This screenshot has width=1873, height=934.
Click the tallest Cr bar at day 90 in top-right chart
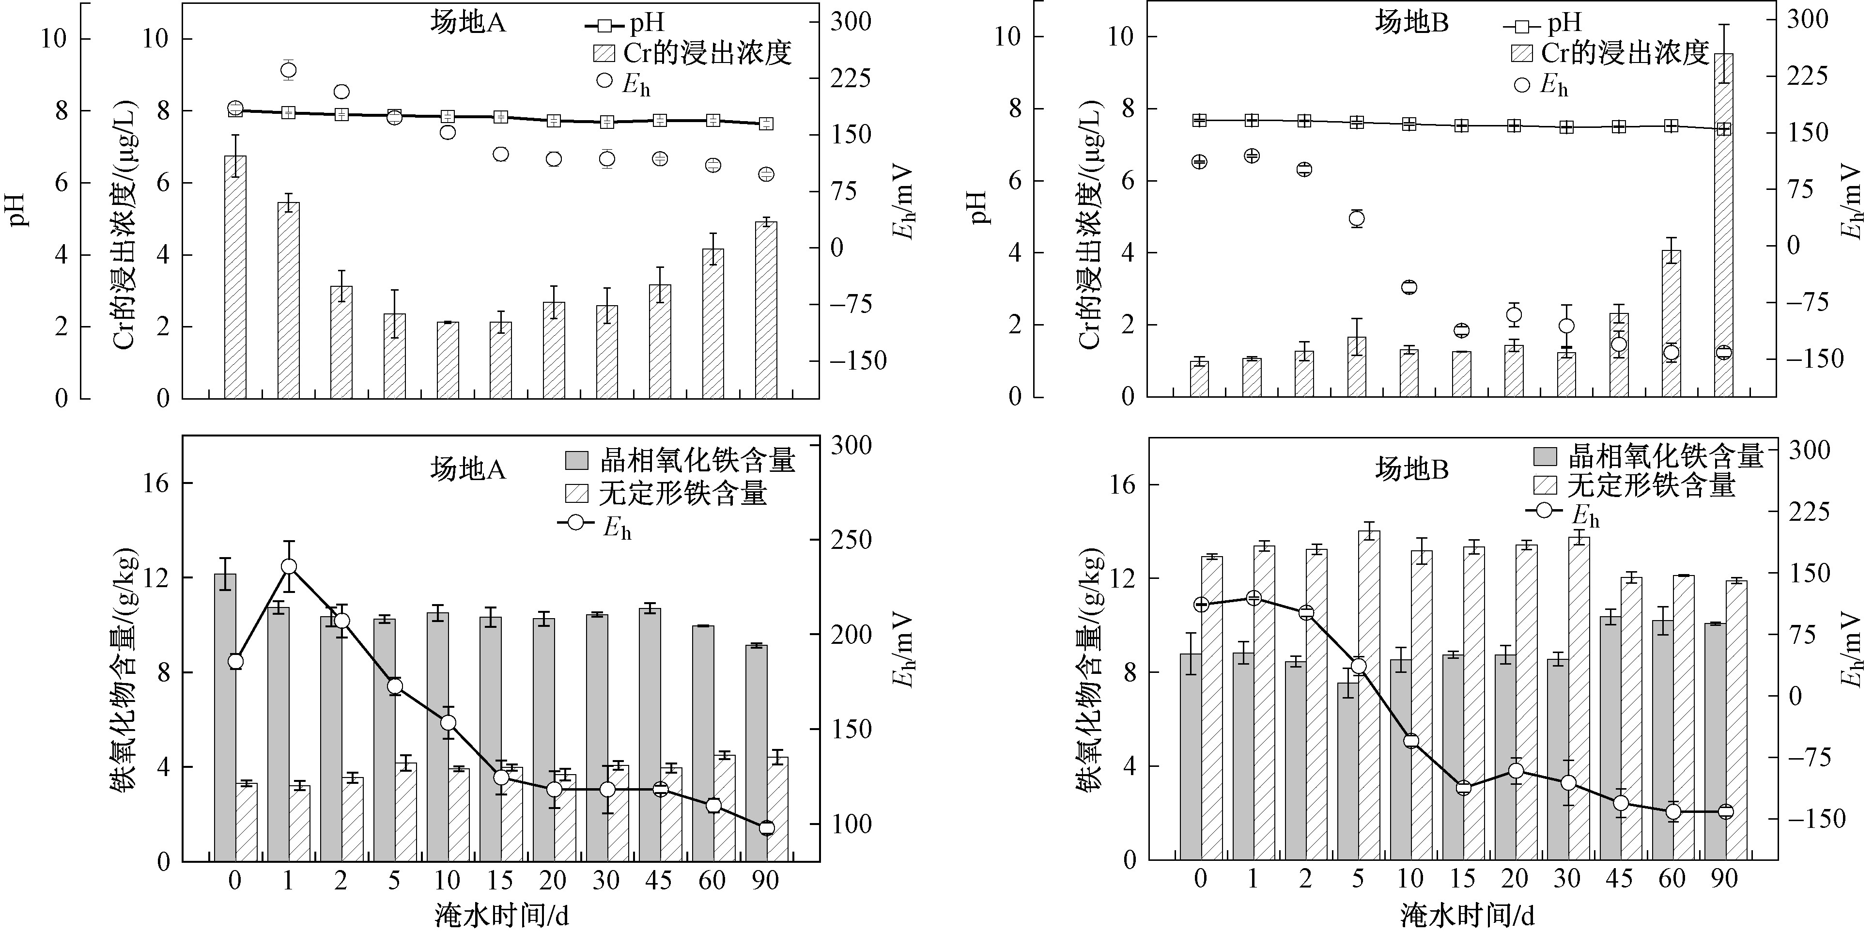[x=1723, y=225]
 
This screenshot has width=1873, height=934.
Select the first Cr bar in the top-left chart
[x=235, y=277]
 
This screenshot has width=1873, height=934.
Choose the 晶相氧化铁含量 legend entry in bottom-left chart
[x=680, y=460]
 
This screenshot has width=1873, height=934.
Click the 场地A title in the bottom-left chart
[x=467, y=470]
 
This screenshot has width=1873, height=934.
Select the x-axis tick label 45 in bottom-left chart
[x=659, y=881]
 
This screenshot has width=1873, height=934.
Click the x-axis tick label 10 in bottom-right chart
[x=1410, y=879]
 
